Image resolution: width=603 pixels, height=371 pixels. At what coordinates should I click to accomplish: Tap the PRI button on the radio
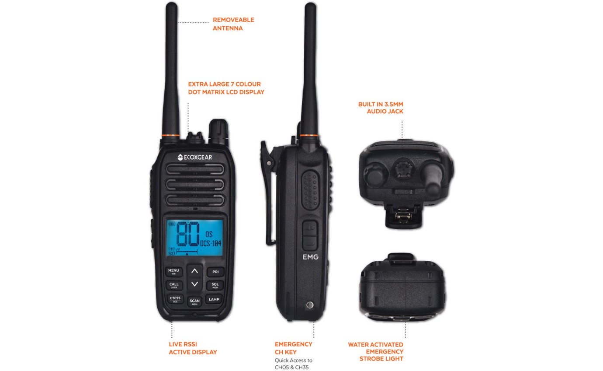215,272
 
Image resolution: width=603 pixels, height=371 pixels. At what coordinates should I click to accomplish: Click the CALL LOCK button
173,285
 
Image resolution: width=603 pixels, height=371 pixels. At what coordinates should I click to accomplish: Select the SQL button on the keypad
215,285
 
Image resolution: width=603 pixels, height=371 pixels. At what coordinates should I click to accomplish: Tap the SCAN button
194,301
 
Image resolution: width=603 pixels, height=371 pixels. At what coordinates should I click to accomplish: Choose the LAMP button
214,300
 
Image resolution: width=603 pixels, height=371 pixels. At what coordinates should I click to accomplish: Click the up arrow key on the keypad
194,271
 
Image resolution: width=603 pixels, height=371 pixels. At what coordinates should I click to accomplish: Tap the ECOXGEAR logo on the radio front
194,157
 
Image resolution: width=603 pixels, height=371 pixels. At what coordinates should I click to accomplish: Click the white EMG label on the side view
310,257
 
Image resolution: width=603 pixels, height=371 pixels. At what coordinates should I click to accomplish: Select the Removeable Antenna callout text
233,24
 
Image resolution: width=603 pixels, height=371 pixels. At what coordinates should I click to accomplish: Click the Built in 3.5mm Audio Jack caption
381,108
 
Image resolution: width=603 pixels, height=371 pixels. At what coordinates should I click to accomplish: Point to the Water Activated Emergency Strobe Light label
376,352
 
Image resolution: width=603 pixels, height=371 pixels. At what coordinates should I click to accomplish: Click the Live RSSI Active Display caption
193,348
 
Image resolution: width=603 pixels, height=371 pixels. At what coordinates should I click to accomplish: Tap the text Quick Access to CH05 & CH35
293,364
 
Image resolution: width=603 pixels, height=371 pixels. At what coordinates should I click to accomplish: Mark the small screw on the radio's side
310,305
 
